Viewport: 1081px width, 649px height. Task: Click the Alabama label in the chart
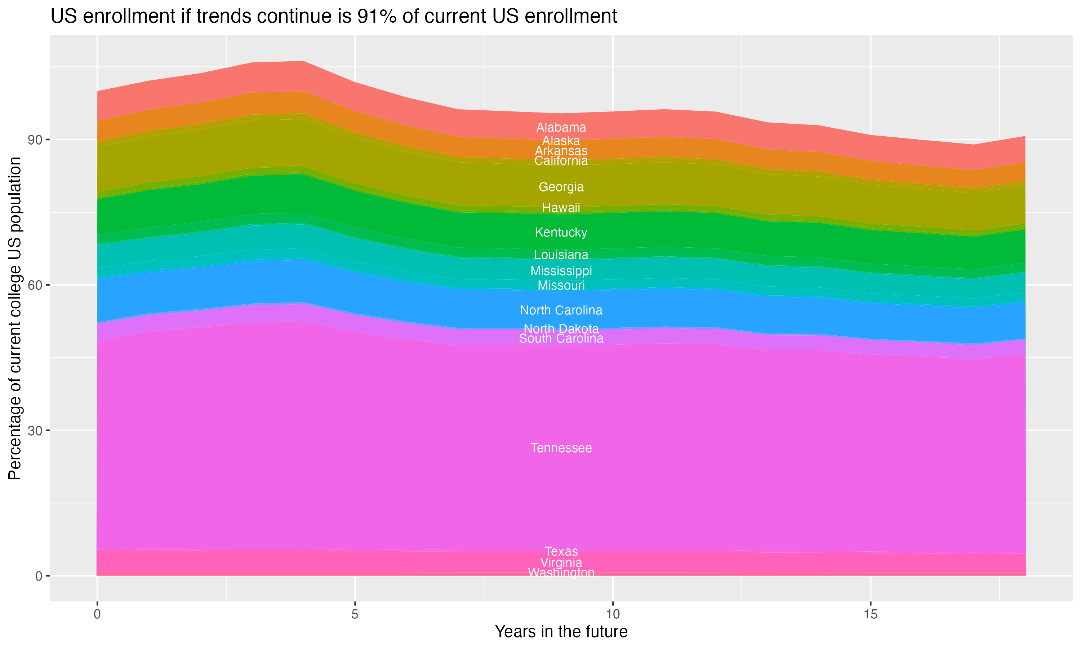[x=561, y=128]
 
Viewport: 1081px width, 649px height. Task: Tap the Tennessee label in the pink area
[x=561, y=448]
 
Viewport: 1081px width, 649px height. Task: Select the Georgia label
[x=561, y=187]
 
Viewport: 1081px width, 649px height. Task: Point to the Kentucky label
[x=561, y=233]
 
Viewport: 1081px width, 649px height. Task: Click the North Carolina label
[x=561, y=310]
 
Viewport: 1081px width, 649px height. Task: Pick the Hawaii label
[x=561, y=208]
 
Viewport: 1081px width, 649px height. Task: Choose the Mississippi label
[x=561, y=271]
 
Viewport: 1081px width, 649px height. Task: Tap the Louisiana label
[x=561, y=255]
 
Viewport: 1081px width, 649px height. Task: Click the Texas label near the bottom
[x=561, y=552]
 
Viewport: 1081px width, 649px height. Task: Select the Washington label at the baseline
[x=561, y=573]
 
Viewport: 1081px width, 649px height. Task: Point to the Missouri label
[x=561, y=286]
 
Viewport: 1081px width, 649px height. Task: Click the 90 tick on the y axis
[x=35, y=140]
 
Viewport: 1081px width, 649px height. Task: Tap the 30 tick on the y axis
[x=35, y=431]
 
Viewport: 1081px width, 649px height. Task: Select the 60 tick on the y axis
[x=35, y=285]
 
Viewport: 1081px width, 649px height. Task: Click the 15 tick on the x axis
[x=871, y=614]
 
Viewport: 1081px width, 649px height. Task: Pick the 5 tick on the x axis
[x=355, y=614]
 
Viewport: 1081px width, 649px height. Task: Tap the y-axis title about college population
[x=15, y=318]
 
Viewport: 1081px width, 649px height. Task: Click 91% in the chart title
[x=377, y=17]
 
